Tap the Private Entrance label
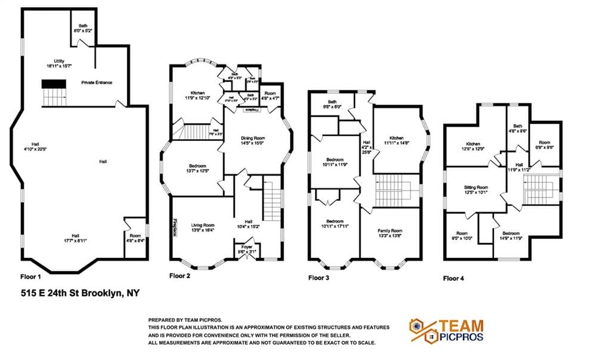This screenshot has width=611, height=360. [x=97, y=82]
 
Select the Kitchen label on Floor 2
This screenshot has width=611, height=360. [x=198, y=95]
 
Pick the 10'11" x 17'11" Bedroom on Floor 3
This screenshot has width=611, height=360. [x=334, y=224]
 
